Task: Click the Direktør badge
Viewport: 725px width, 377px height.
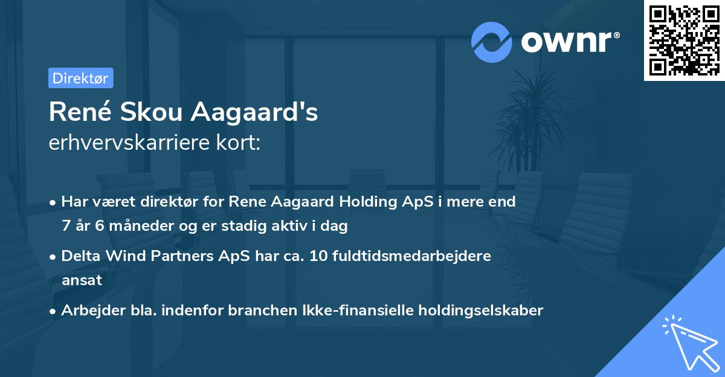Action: tap(80, 78)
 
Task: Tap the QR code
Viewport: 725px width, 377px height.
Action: tap(684, 40)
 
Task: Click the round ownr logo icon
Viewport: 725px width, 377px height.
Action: tap(492, 42)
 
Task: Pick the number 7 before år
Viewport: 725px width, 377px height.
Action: tap(65, 227)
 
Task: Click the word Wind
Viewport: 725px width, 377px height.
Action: tap(121, 256)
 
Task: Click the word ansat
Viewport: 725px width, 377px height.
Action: tap(82, 280)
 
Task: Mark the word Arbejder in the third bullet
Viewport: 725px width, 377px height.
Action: tap(88, 311)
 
